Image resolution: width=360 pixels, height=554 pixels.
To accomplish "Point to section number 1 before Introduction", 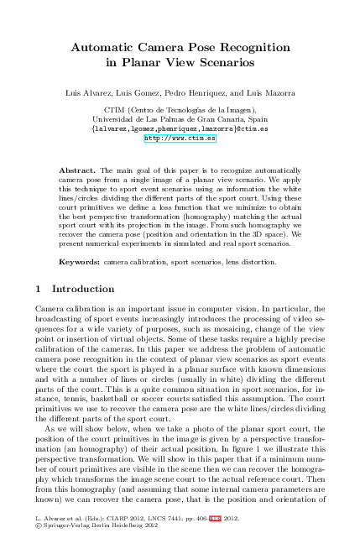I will point(39,290).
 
